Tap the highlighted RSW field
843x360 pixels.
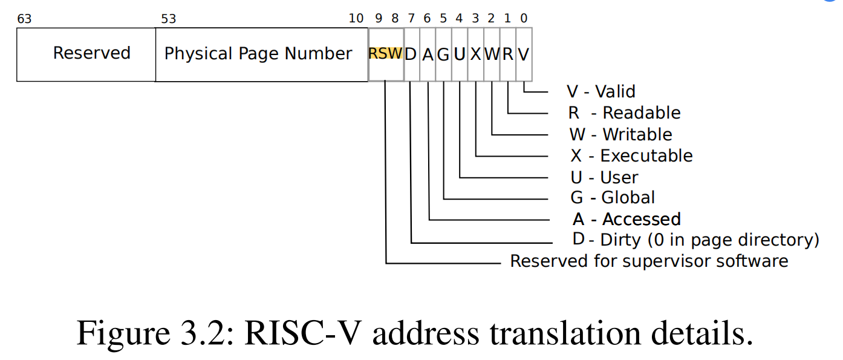click(385, 54)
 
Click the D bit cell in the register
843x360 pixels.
click(411, 54)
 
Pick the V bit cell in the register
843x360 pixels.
click(524, 54)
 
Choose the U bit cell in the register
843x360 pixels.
click(460, 54)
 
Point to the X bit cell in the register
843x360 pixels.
click(476, 54)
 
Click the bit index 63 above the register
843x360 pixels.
click(24, 18)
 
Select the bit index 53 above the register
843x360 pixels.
click(168, 18)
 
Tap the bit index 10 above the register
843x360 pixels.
click(356, 18)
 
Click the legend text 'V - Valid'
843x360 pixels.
click(601, 91)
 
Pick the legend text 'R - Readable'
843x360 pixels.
click(624, 113)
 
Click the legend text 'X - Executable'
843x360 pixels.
click(631, 155)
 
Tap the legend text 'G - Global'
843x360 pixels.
click(613, 197)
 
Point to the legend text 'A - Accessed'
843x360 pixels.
click(627, 218)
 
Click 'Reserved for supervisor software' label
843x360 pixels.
click(649, 261)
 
